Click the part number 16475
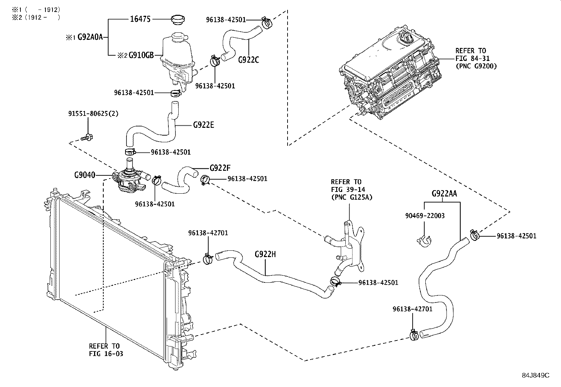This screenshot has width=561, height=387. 140,19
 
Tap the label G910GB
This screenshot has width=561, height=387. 141,55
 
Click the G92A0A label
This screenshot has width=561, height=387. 90,37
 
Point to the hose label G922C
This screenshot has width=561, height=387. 248,60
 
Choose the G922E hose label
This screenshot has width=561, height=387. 203,125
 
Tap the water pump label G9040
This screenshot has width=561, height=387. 85,175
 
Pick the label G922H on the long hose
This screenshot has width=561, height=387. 265,254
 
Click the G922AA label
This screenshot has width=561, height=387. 444,193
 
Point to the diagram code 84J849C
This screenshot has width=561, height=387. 535,375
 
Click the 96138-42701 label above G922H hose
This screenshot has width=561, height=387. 208,233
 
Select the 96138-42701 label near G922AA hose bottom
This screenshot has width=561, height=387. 412,309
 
